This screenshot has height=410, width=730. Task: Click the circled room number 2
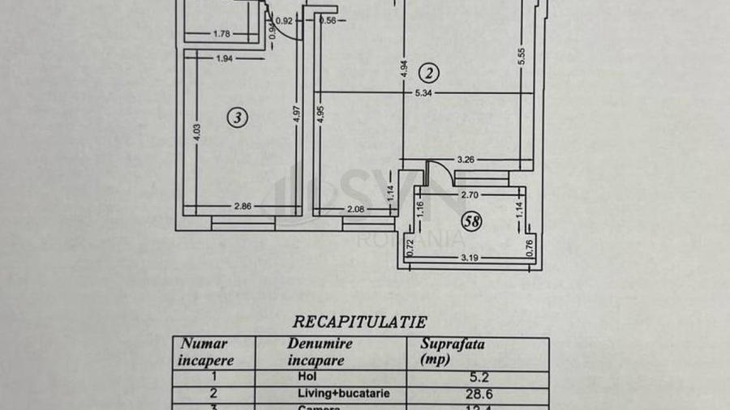[x=430, y=74]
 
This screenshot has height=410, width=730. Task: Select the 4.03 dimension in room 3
[x=197, y=133]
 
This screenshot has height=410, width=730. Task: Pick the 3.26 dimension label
[x=467, y=160]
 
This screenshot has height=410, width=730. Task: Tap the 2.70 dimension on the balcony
[x=472, y=195]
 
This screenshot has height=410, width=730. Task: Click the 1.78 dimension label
[x=222, y=33]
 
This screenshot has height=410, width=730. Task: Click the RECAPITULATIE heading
[x=359, y=321]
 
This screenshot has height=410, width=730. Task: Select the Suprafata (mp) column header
[x=453, y=350]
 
